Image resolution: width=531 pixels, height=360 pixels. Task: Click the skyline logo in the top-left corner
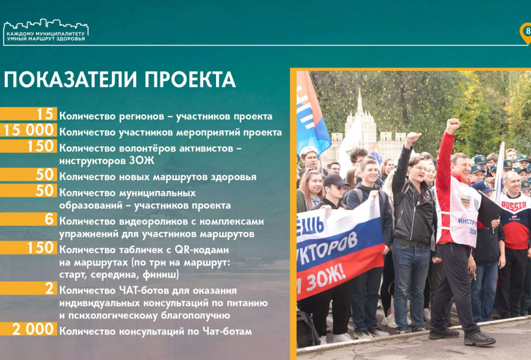tap(46, 32)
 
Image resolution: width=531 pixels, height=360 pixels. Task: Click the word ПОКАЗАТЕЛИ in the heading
tap(71, 80)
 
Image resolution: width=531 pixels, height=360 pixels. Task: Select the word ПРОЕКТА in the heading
tap(190, 80)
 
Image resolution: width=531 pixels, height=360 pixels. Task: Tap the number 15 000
tap(29, 131)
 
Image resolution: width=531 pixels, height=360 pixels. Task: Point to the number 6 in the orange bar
tap(49, 220)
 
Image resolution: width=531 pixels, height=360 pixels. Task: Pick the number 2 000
tap(33, 329)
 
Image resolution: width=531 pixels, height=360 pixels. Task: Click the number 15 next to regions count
tap(45, 114)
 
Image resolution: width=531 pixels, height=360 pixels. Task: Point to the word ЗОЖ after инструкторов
tap(141, 160)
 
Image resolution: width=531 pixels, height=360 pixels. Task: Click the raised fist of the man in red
tap(453, 125)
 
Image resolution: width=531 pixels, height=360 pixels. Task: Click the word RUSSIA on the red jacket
tap(513, 205)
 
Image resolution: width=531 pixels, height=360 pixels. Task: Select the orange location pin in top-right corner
tap(526, 33)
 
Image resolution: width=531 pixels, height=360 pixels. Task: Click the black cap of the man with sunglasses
tap(334, 180)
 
